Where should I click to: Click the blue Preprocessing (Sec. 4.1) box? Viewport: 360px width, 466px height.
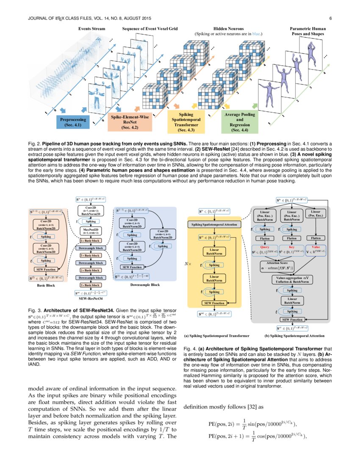click(x=73, y=122)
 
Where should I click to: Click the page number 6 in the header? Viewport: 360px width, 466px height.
click(x=330, y=18)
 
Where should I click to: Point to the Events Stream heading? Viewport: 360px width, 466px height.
click(x=92, y=28)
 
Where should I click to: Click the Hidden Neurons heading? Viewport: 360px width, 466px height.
click(x=228, y=28)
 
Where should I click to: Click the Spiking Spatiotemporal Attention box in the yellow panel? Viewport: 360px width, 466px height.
click(x=214, y=224)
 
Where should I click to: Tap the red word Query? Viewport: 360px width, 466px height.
click(x=265, y=247)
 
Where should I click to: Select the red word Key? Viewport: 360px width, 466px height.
click(x=291, y=247)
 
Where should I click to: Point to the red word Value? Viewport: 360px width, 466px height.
click(x=316, y=247)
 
